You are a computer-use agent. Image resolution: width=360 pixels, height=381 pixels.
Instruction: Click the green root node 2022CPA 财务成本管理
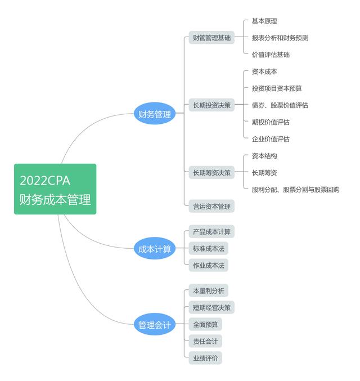[x=55, y=189]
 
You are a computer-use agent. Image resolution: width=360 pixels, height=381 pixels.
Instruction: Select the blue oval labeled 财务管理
[x=155, y=114]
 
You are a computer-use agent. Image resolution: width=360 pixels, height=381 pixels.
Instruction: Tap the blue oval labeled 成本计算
[x=155, y=249]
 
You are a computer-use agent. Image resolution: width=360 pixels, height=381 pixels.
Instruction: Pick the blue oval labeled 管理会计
[x=155, y=325]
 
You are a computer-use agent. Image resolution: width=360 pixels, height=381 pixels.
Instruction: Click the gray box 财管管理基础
[x=211, y=38]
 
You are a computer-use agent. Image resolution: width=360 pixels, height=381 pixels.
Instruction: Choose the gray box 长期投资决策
[x=211, y=105]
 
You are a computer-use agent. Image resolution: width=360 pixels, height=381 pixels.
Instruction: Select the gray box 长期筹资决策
[x=211, y=173]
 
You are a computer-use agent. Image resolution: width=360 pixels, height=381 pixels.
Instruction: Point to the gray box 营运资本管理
[x=211, y=207]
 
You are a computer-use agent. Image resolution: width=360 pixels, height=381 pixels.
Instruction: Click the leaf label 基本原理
[x=264, y=21]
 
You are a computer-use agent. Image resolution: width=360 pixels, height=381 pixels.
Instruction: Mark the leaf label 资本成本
[x=264, y=72]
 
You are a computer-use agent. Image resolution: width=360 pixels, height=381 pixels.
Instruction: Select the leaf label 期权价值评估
[x=271, y=122]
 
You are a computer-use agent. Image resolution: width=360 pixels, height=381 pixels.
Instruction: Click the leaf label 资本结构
[x=264, y=156]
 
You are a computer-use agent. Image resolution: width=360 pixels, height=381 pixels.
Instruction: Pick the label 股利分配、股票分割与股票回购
[x=295, y=190]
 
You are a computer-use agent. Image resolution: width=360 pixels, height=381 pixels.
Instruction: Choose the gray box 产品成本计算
[x=211, y=232]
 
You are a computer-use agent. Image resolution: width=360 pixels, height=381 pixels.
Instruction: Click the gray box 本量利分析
[x=208, y=291]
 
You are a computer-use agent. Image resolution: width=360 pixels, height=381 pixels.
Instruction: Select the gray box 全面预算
[x=205, y=325]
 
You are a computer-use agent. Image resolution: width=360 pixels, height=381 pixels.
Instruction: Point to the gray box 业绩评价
[x=205, y=358]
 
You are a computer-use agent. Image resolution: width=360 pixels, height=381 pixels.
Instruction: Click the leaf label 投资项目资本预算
[x=277, y=88]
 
